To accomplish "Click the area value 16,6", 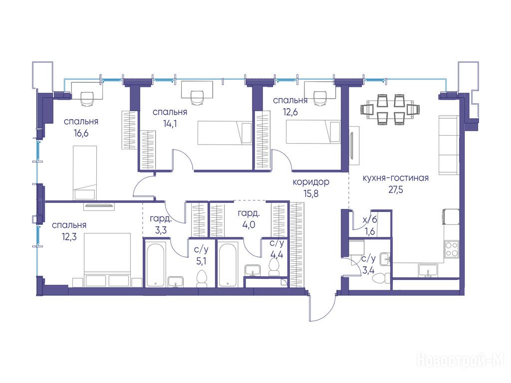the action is coord(81,133).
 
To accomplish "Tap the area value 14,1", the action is coord(170,124).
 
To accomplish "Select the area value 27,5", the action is coord(395,190).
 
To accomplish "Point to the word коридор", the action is coord(311,182).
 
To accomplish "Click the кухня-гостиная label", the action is coord(395,178).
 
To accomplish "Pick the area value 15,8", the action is coord(311,193).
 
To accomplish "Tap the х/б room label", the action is coord(370,220).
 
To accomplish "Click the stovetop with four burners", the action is coord(452,249).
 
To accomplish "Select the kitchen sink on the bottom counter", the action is coord(428,271).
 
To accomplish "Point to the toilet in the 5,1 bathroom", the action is coord(202,278).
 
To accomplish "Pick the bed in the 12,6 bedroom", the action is coord(313,132).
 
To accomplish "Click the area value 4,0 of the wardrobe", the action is coord(249,225).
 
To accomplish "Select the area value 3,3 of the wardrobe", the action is coord(161,230).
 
